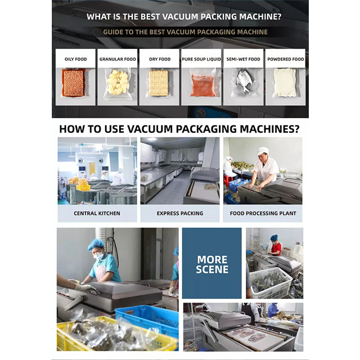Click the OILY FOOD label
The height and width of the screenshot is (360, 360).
tap(75, 59)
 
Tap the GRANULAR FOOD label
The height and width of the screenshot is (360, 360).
tap(118, 59)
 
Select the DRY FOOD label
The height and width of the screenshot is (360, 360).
tap(160, 59)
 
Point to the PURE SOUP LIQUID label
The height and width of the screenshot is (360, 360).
tap(201, 59)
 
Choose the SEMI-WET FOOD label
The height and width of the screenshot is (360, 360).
tap(243, 59)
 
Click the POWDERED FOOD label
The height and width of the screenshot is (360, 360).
tap(286, 59)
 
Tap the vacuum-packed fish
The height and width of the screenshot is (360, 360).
tap(244, 81)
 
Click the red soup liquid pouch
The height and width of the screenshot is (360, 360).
tap(202, 85)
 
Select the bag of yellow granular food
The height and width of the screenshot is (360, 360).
tap(118, 83)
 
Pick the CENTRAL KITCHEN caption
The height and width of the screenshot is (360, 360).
tap(97, 213)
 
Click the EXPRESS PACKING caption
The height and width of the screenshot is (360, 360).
tap(180, 213)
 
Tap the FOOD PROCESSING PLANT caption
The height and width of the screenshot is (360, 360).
tap(263, 213)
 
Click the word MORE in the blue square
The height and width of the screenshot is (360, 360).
tap(212, 260)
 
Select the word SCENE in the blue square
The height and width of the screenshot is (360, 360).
tap(212, 269)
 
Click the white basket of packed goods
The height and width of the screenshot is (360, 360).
tap(271, 283)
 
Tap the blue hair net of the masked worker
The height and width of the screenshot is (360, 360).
tap(96, 244)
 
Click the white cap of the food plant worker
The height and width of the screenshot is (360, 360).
tap(263, 151)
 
